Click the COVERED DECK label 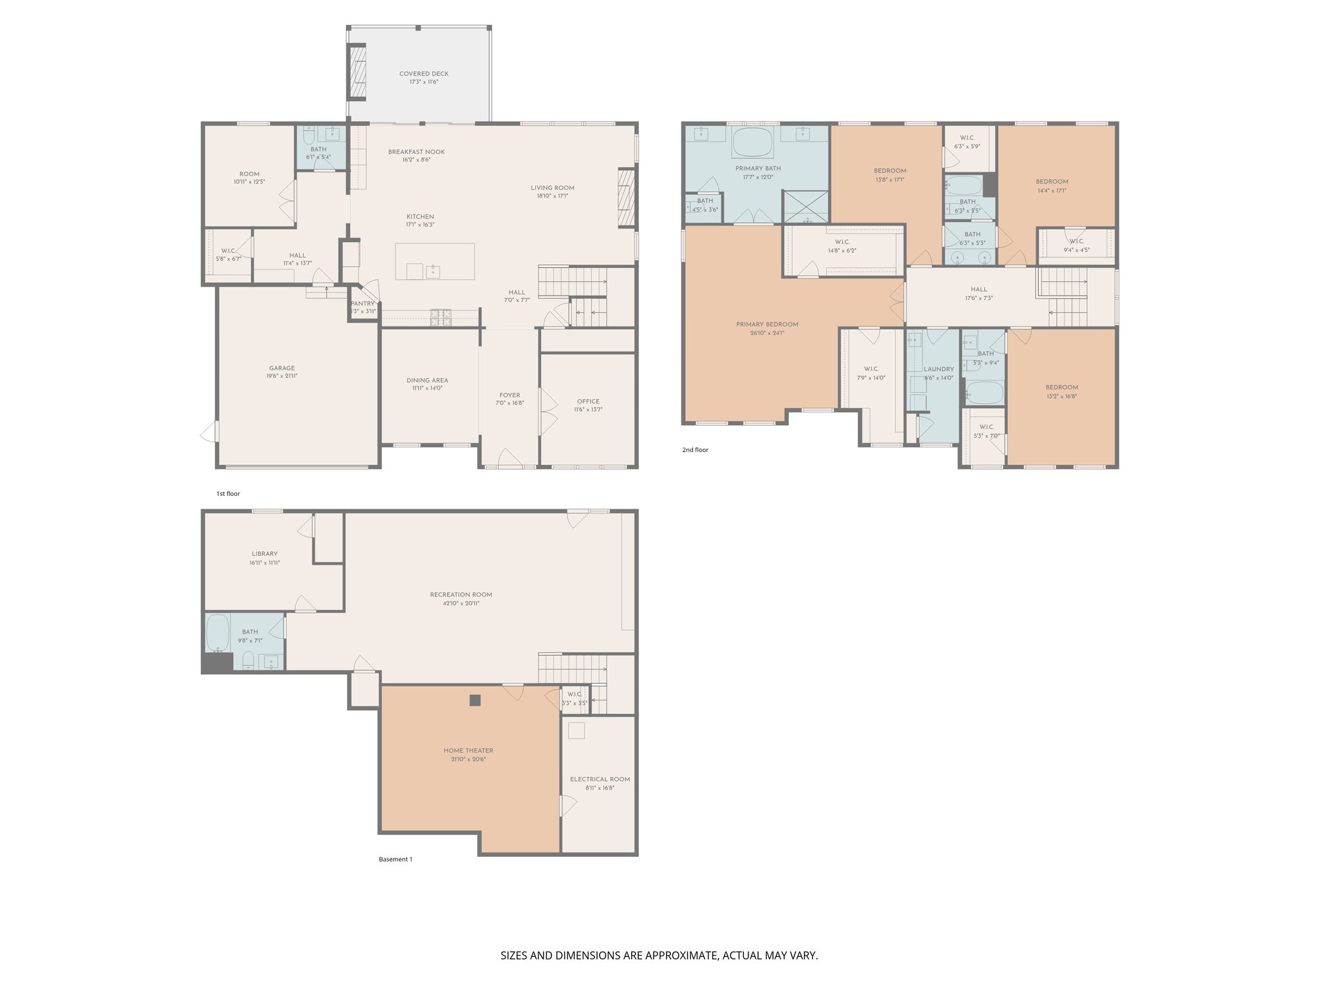[423, 74]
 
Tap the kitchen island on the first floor [435, 261]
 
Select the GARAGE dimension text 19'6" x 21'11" [282, 377]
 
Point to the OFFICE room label [587, 401]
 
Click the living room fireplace [626, 198]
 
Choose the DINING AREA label [427, 380]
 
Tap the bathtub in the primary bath [753, 142]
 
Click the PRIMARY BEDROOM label [767, 325]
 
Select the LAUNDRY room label [938, 370]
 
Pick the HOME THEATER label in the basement [468, 751]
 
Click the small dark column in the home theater [475, 701]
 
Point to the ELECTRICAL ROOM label [600, 779]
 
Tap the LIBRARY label [265, 554]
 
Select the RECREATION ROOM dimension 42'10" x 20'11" [461, 604]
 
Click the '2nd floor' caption [695, 450]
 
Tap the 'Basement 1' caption [395, 860]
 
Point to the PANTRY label [363, 304]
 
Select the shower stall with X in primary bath [805, 206]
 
